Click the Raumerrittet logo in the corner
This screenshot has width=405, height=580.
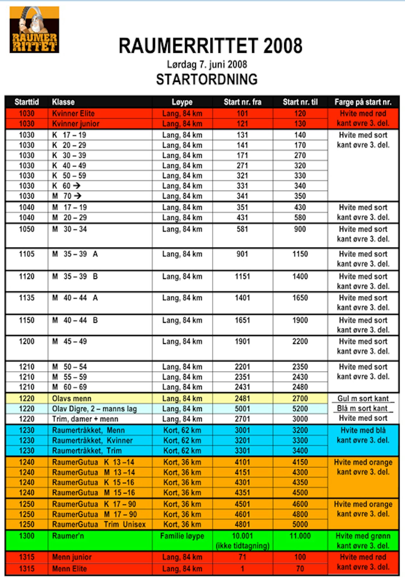tap(34, 30)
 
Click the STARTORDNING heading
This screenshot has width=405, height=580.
tap(207, 79)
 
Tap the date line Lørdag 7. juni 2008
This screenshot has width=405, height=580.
tap(207, 65)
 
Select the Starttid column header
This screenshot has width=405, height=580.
tap(27, 102)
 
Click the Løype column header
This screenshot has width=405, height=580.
tap(182, 102)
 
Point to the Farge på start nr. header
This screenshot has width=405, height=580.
tap(363, 102)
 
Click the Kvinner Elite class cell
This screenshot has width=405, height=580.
tap(73, 114)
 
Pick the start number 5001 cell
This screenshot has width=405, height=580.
tap(242, 409)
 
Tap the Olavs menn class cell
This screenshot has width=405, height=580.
tap(72, 399)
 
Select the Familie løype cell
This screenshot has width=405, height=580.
tap(182, 536)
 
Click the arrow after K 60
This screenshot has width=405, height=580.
tap(77, 186)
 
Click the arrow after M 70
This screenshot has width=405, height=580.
tap(78, 196)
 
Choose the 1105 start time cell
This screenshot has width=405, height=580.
tap(27, 254)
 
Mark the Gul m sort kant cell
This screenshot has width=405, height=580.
tap(363, 399)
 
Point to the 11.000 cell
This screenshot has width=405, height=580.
tap(300, 536)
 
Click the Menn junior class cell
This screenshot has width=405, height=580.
tap(72, 557)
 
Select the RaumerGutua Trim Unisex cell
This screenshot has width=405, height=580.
tap(99, 525)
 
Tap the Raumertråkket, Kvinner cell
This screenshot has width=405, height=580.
tap(92, 440)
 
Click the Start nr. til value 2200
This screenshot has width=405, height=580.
tap(300, 341)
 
